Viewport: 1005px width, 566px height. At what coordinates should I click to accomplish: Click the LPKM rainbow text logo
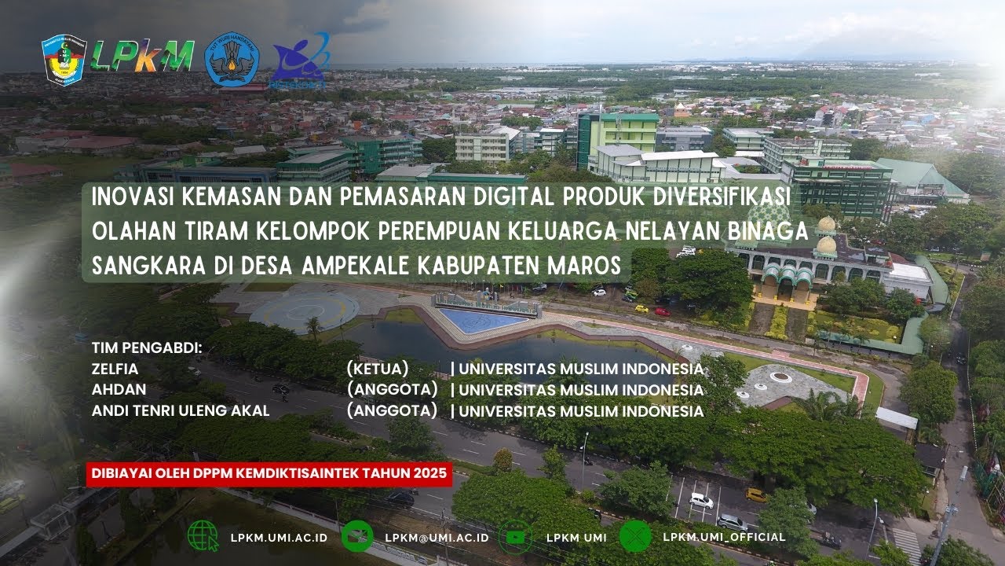[x=142, y=55]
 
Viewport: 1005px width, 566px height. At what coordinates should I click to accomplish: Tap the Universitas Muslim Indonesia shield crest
[x=64, y=59]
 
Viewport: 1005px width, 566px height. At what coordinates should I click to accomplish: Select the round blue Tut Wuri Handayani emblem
[x=230, y=58]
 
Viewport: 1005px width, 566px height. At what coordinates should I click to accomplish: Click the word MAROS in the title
[x=584, y=266]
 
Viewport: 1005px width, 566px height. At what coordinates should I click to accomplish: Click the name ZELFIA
[x=115, y=368]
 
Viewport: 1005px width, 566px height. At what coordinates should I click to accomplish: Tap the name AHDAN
[x=119, y=389]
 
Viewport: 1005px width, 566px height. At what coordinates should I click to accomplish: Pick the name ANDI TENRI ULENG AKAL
[x=181, y=410]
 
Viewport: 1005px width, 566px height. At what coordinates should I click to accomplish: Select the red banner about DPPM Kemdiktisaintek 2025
[x=269, y=473]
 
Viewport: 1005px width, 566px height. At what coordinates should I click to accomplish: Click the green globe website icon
[x=203, y=536]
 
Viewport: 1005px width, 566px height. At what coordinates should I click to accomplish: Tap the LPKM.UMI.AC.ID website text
[x=279, y=538]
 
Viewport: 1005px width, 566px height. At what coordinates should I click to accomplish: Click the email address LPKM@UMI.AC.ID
[x=437, y=538]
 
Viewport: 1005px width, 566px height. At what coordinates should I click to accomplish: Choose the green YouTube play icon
[x=515, y=537]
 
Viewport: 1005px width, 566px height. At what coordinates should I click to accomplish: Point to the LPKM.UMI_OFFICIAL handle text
[x=724, y=537]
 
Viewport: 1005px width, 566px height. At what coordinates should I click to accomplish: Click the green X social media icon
[x=635, y=536]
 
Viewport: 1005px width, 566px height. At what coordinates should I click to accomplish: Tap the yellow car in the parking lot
[x=756, y=494]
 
